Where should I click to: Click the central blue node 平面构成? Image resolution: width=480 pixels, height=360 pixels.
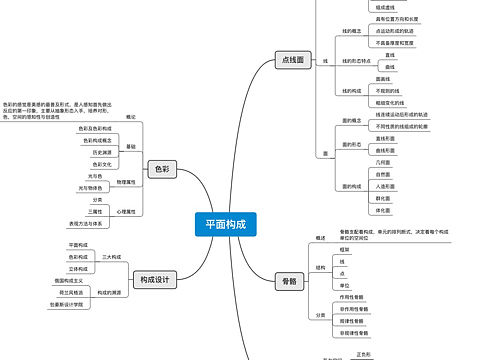225,225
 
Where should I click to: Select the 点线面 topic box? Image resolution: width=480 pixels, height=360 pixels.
292,60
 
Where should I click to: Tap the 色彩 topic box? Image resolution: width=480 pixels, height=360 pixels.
163,170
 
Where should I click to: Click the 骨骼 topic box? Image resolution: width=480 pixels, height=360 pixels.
289,281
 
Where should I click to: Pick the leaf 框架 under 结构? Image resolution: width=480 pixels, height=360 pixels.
344,249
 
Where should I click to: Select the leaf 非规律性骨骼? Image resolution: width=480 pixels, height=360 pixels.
361,332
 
